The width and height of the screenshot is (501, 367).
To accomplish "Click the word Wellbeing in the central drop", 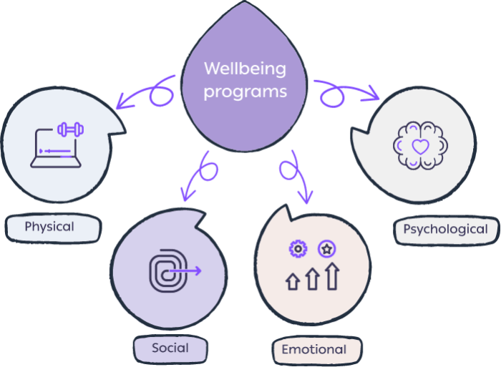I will [x=245, y=70].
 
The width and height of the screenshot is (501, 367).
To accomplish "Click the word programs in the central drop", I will [x=245, y=92].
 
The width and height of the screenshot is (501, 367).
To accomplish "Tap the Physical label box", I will [x=49, y=227].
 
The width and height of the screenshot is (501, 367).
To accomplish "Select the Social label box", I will [x=170, y=348].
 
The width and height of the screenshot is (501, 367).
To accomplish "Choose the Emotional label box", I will [x=313, y=350].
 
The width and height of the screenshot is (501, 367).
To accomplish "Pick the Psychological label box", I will [x=445, y=230].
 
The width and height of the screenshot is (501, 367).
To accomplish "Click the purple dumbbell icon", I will [x=71, y=129].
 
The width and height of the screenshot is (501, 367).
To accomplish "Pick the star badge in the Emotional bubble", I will [x=326, y=249].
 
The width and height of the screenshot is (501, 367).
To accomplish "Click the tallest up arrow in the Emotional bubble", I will [x=331, y=275].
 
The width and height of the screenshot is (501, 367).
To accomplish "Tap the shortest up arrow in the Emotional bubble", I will [x=293, y=281].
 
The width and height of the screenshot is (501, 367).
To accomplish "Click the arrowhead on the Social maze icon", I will [x=198, y=271].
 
